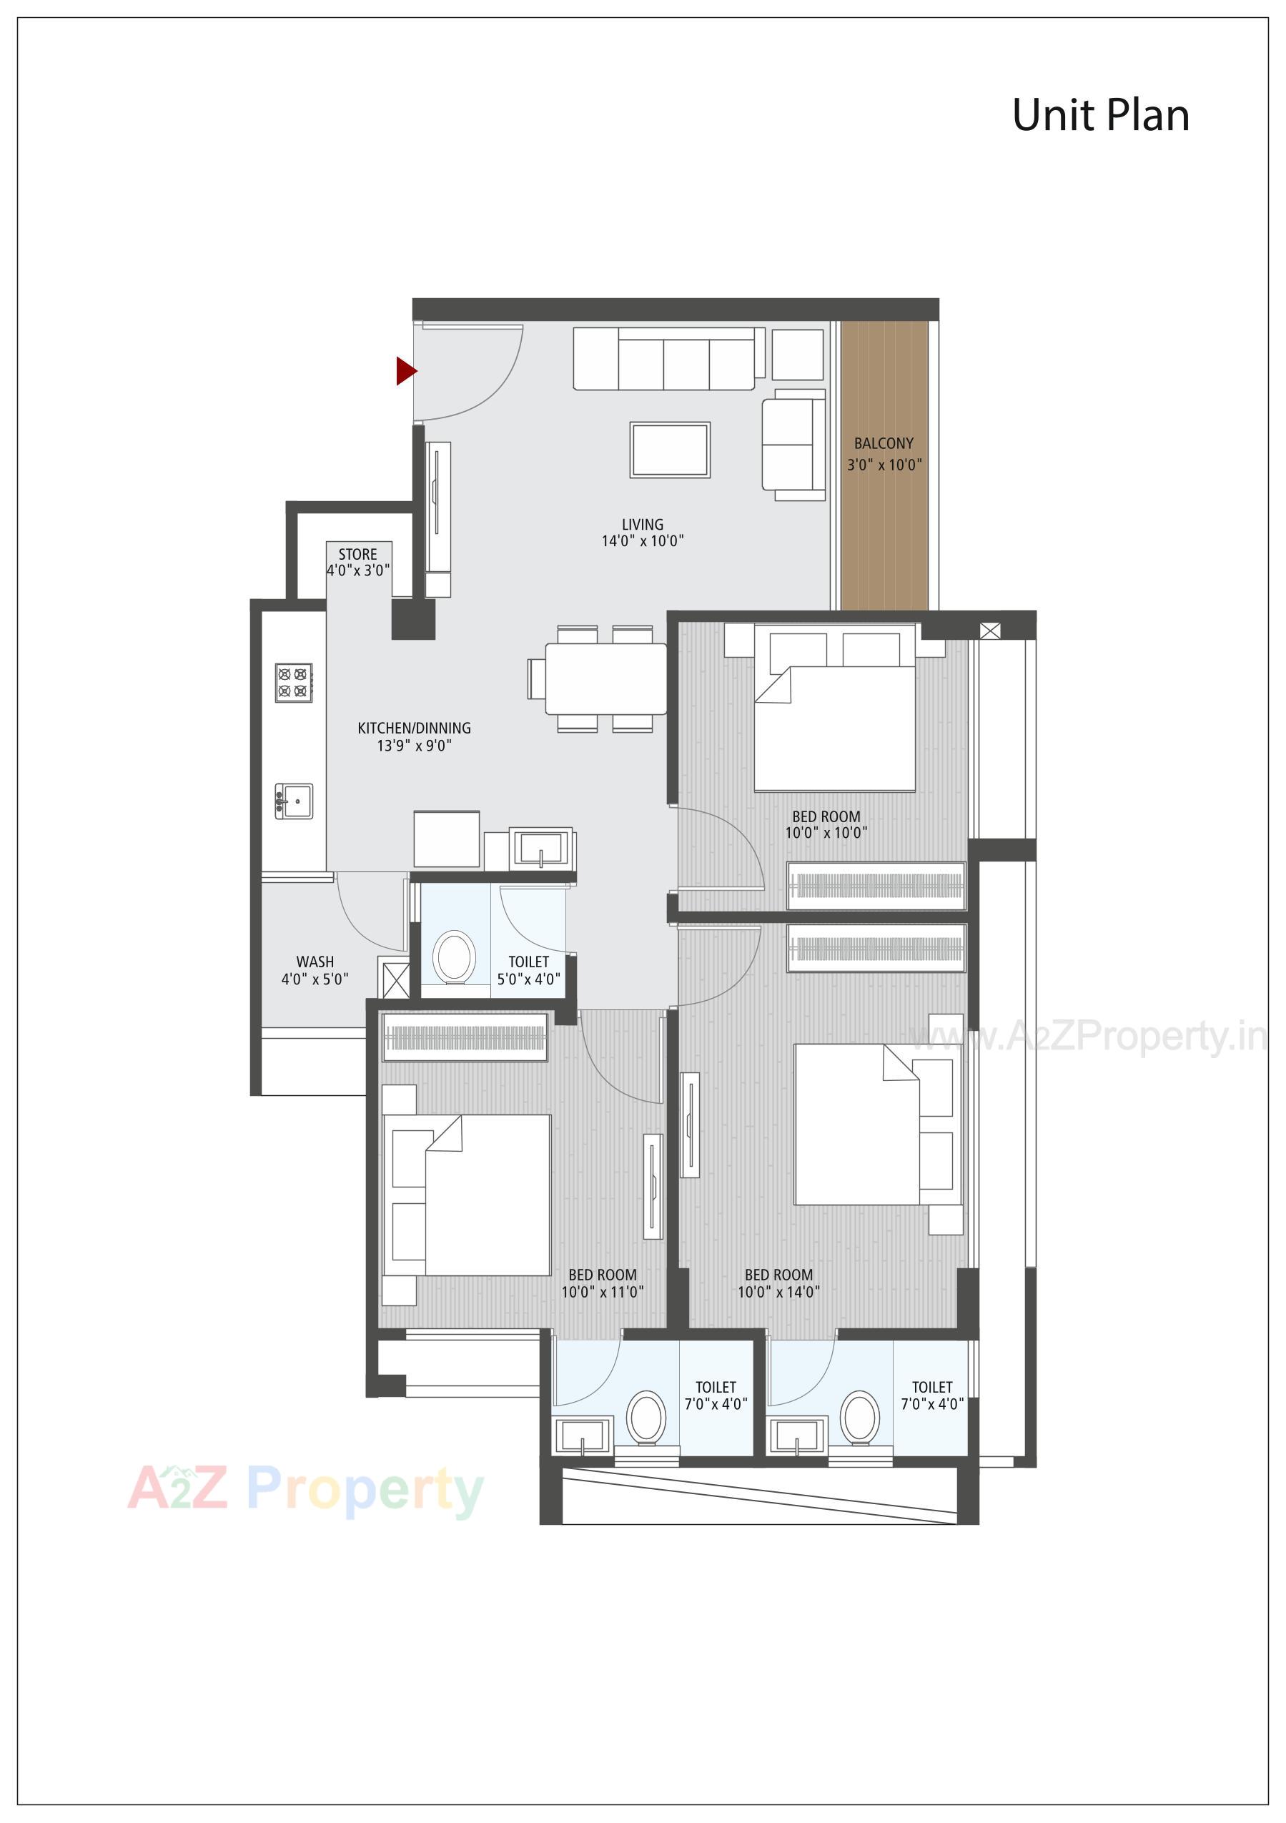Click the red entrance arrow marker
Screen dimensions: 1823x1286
tap(405, 370)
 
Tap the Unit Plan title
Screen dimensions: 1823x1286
tap(1100, 116)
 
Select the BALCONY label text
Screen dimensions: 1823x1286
tap(884, 444)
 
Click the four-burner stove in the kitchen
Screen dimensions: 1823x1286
tap(294, 683)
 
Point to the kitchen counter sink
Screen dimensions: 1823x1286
tap(295, 801)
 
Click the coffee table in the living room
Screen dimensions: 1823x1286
tap(670, 450)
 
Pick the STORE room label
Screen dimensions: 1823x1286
tap(357, 554)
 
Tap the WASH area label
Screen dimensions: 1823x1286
tap(315, 962)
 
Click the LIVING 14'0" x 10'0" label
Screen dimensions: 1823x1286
tap(642, 533)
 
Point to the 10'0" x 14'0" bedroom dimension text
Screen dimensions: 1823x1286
tap(778, 1292)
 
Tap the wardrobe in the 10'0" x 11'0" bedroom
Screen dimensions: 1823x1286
tap(465, 1037)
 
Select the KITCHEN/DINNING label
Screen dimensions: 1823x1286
tap(414, 728)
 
